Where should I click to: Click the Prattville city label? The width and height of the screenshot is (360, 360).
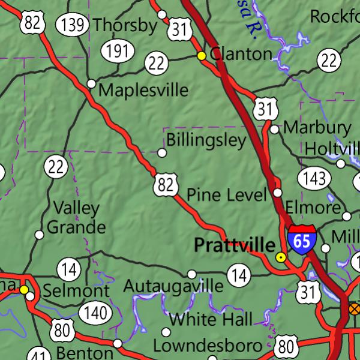coord(234,245)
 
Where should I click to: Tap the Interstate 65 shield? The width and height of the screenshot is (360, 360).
coord(302,238)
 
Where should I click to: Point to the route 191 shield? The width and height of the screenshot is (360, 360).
coord(117,51)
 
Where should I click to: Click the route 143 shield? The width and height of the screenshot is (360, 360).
coord(314,178)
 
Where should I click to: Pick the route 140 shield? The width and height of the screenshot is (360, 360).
coord(95,313)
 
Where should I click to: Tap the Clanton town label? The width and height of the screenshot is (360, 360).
coord(241,53)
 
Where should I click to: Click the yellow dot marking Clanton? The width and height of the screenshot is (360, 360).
coord(202,56)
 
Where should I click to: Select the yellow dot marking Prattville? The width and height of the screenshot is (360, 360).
coord(280,257)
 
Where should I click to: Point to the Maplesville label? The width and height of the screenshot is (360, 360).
coord(143,90)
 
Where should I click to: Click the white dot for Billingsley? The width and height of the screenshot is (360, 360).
coord(161,153)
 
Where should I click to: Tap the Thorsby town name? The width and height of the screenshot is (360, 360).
coord(125,25)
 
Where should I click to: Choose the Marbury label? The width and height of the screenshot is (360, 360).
coord(317,127)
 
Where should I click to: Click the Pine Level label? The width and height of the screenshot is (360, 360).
coord(227,194)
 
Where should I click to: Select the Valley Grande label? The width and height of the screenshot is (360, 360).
coord(76,218)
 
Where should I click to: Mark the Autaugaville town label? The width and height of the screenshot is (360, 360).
coord(173,286)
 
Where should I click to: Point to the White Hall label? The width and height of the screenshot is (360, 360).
coord(211,319)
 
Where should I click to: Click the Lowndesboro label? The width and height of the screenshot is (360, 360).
coord(208,346)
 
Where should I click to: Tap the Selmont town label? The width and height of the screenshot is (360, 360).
coord(76,292)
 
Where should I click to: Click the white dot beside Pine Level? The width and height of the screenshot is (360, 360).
coord(277,193)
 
